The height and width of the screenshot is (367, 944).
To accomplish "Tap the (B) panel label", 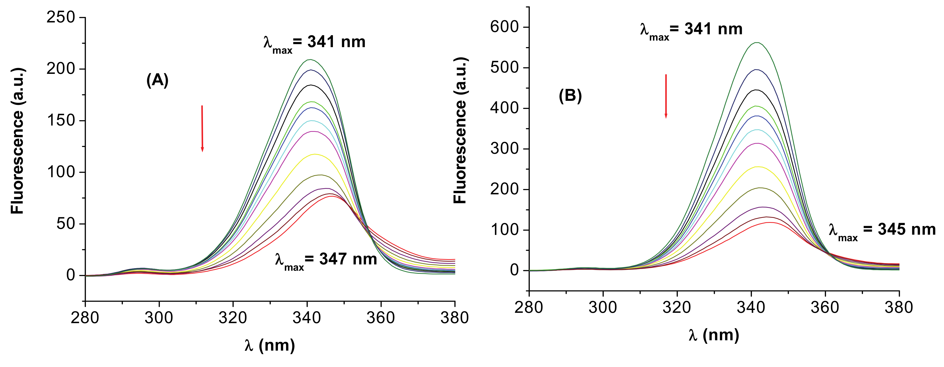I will pyautogui.click(x=570, y=96).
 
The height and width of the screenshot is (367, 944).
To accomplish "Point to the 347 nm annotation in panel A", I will pyautogui.click(x=326, y=260).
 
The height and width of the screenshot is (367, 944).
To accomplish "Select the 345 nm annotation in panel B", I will pyautogui.click(x=882, y=231).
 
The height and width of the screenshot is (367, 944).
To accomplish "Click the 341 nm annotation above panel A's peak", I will pyautogui.click(x=314, y=43).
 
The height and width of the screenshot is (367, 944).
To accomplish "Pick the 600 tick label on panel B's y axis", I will pyautogui.click(x=505, y=27).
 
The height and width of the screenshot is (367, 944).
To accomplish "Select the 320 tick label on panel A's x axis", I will pyautogui.click(x=233, y=318).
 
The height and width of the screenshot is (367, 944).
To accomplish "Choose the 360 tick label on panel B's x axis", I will pyautogui.click(x=825, y=307).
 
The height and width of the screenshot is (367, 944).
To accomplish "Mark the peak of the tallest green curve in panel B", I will pyautogui.click(x=757, y=43).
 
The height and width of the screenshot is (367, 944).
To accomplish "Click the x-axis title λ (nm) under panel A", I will pyautogui.click(x=270, y=345).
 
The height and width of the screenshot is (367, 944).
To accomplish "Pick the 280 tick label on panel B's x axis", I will pyautogui.click(x=529, y=307).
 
